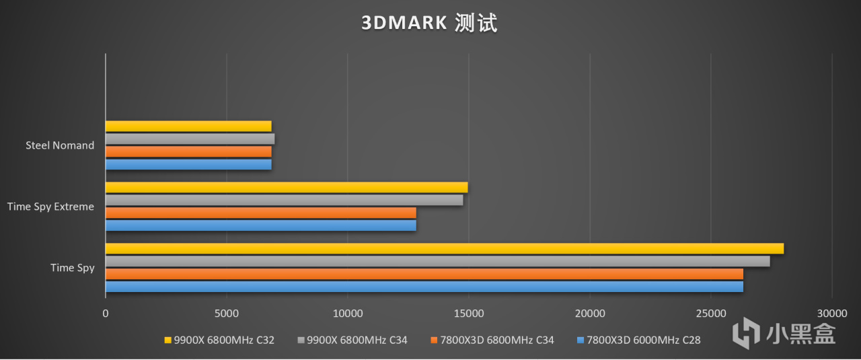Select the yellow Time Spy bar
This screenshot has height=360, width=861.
[444, 248]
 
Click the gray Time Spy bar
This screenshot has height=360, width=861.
[437, 261]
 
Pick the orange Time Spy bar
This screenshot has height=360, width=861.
[424, 274]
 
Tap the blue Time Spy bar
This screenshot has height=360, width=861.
[424, 287]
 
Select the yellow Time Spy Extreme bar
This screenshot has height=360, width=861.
[286, 187]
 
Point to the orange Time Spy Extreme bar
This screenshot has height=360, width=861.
[260, 213]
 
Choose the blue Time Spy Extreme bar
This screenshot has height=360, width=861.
[260, 225]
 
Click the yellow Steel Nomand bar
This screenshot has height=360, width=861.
[188, 126]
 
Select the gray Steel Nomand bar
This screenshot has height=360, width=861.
[190, 139]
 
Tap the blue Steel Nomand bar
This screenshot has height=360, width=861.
[188, 164]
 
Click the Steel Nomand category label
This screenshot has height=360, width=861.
[60, 145]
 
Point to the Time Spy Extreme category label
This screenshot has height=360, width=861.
[51, 207]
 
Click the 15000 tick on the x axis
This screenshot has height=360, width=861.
[469, 314]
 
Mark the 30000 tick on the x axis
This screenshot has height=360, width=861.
[832, 314]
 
